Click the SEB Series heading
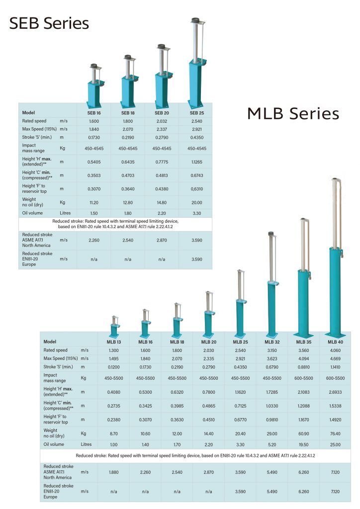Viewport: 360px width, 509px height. pyautogui.click(x=49, y=23)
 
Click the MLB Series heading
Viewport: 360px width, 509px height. pyautogui.click(x=293, y=114)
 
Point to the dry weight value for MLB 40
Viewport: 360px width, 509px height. pyautogui.click(x=333, y=433)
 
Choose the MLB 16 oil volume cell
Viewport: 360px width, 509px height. pyautogui.click(x=146, y=444)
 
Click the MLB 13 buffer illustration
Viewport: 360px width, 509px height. pyautogui.click(x=115, y=326)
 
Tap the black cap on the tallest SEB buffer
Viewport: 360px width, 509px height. pyautogui.click(x=196, y=21)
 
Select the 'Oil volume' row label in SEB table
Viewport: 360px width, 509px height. pyautogui.click(x=32, y=213)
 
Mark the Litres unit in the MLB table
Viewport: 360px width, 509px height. pyautogui.click(x=87, y=444)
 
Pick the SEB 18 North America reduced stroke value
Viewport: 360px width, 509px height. pyautogui.click(x=128, y=240)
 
